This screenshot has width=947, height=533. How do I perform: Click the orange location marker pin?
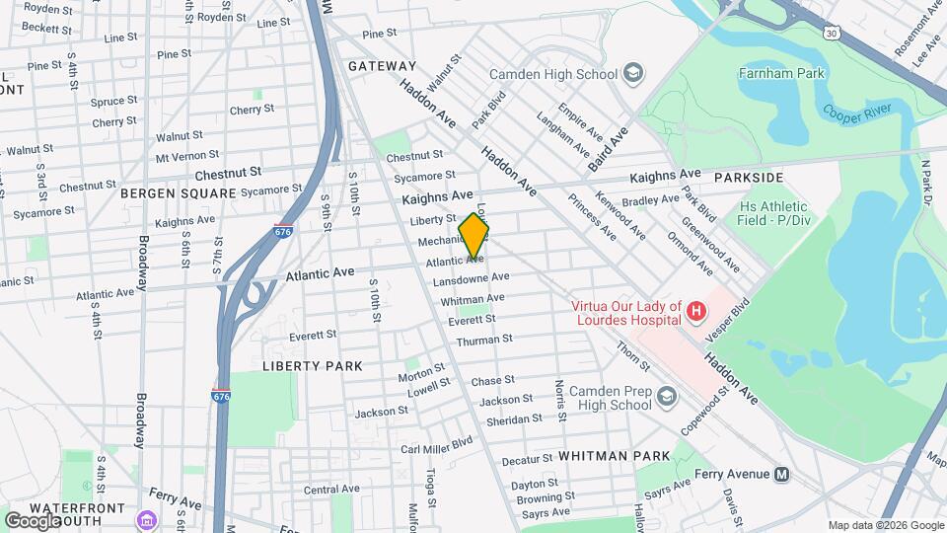[x=473, y=236]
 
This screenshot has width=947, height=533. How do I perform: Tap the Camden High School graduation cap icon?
[x=632, y=73]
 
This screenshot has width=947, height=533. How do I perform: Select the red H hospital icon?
[x=696, y=313]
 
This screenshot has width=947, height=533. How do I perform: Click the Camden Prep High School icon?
[x=667, y=397]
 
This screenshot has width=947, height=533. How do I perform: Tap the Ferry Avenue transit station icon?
[x=782, y=474]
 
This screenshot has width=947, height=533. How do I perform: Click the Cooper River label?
[x=857, y=113]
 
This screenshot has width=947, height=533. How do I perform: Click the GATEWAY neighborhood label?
[x=382, y=66]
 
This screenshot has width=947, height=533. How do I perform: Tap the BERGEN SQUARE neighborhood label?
[x=179, y=193]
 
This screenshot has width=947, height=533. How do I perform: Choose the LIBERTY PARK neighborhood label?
[x=312, y=365]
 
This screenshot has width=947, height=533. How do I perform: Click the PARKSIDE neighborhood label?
[x=748, y=178]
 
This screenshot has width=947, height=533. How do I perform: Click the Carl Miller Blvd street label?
[x=437, y=446]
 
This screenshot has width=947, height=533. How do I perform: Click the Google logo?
[x=33, y=520]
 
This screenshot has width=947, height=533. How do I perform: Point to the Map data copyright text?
[x=884, y=525]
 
